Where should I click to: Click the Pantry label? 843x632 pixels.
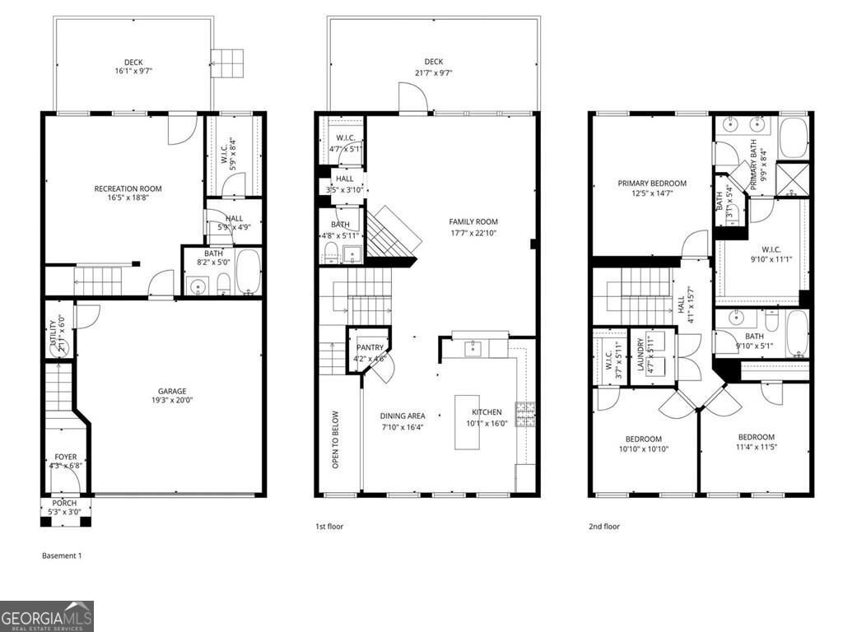pyautogui.click(x=370, y=348)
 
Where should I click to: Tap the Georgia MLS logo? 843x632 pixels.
pyautogui.click(x=47, y=616)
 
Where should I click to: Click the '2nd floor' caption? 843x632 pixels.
pyautogui.click(x=603, y=527)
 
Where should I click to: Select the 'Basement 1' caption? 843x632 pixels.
pyautogui.click(x=62, y=555)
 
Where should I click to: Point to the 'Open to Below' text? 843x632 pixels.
pyautogui.click(x=336, y=440)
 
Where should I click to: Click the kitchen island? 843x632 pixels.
pyautogui.click(x=467, y=421)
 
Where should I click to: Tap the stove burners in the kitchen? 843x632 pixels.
pyautogui.click(x=524, y=414)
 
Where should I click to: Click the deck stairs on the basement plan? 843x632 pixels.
pyautogui.click(x=227, y=62)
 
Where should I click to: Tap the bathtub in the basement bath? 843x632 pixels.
pyautogui.click(x=249, y=275)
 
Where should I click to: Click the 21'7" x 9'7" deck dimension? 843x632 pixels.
pyautogui.click(x=434, y=72)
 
